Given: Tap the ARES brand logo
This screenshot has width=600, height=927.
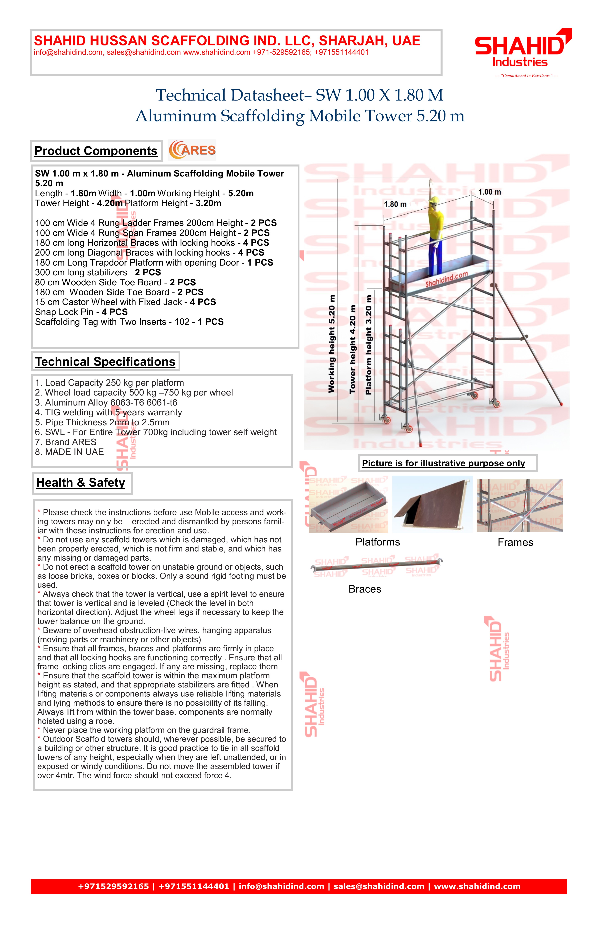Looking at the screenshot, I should [x=192, y=150].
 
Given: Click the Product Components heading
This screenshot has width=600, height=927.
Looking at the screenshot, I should [x=96, y=151].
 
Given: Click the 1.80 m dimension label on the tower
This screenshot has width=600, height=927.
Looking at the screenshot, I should [x=395, y=204].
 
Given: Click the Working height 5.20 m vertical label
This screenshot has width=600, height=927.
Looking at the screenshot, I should [x=332, y=344].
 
